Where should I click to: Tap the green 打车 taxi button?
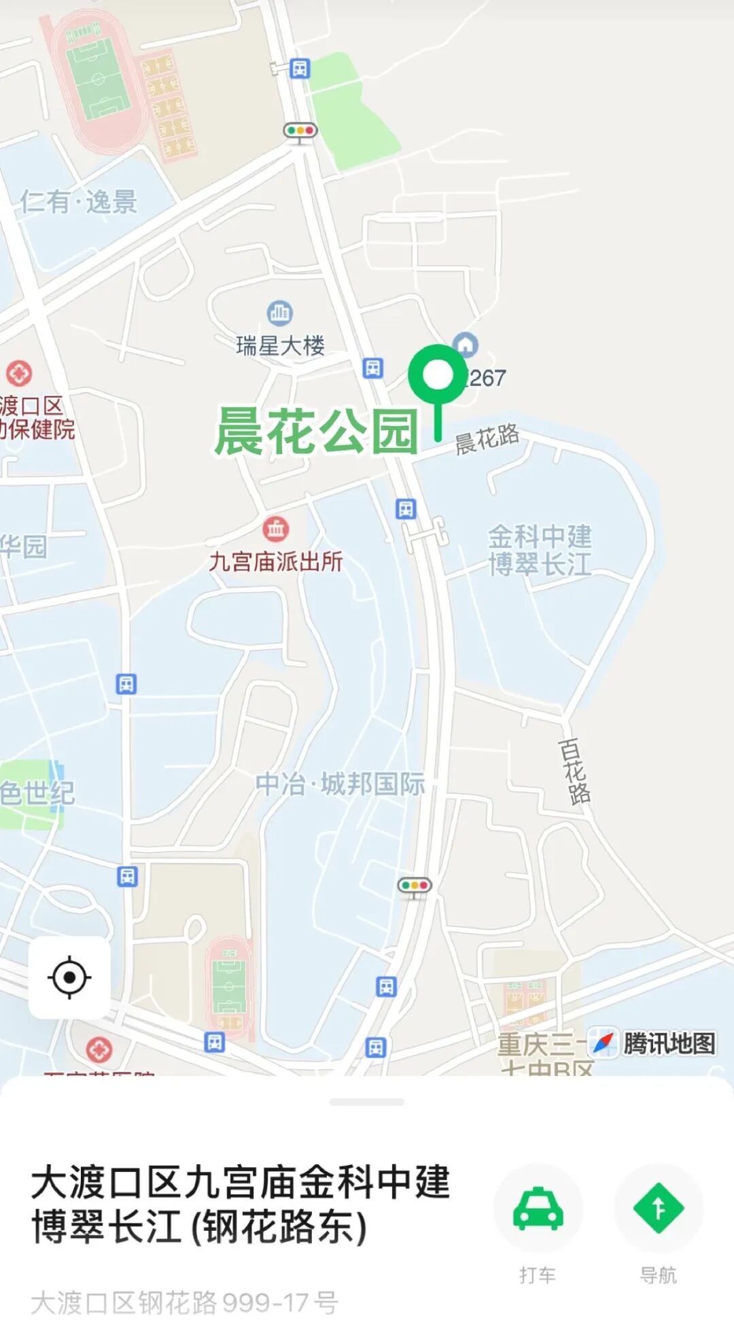538,1208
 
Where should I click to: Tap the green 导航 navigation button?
658,1208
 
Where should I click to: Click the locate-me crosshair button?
69,977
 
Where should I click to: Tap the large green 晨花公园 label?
316,432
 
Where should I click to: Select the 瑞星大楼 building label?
280,346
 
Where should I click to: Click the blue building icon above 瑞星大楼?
279,313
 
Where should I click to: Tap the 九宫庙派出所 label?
275,561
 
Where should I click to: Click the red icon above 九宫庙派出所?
275,528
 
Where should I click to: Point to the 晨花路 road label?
487,438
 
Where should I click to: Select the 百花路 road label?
574,771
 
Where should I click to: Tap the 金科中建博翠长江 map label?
540,551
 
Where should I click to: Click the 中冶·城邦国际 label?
340,784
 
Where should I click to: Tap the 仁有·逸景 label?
79,202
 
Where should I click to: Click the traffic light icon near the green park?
300,130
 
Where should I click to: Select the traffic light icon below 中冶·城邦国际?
414,886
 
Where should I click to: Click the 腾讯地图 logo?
652,1043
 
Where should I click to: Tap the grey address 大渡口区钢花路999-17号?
184,1303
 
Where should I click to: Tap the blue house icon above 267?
465,345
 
